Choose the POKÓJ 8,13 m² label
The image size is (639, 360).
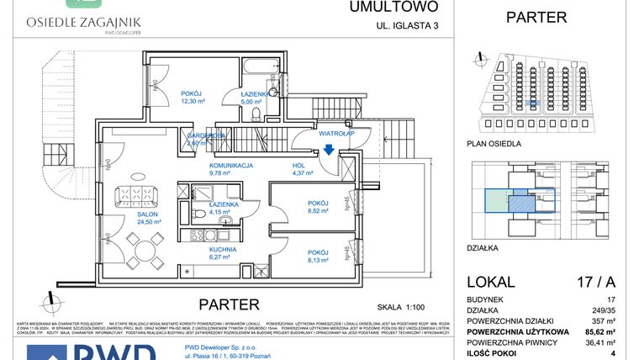point(317,257)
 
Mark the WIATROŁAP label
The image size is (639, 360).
point(336,133)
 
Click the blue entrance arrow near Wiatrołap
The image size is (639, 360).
point(329,149)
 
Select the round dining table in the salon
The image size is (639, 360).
point(140,247)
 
